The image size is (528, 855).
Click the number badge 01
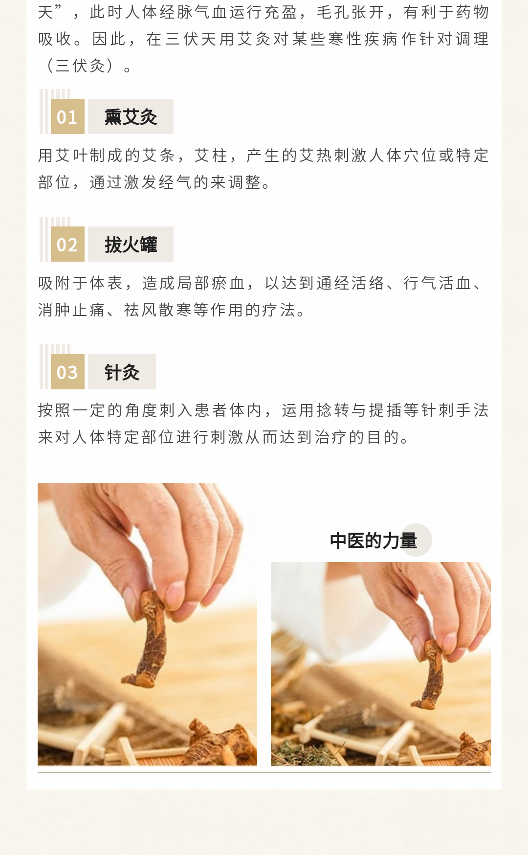(67, 116)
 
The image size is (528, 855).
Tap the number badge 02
(67, 244)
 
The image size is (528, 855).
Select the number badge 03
(67, 372)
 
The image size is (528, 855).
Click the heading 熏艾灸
(131, 117)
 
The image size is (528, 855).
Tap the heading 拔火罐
(131, 245)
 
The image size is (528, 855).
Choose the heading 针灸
(122, 372)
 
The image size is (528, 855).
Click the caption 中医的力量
(374, 540)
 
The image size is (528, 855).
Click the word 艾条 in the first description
(158, 156)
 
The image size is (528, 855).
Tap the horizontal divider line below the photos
(264, 772)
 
